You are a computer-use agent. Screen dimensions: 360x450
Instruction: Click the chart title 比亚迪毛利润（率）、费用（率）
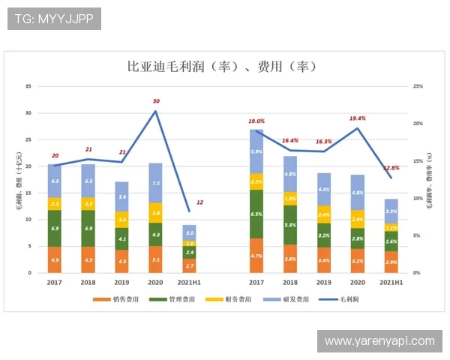[224, 67]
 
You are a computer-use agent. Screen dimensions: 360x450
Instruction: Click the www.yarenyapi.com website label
[379, 341]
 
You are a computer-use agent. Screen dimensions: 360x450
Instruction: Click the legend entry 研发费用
[295, 299]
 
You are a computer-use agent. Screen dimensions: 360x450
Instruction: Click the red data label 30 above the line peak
[156, 101]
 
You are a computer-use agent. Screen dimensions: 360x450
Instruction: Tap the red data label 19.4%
[358, 118]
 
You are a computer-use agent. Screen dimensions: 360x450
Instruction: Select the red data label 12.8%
[391, 168]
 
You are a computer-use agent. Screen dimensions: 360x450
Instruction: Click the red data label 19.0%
[256, 121]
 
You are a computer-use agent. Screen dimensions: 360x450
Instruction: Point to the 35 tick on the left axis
[28, 86]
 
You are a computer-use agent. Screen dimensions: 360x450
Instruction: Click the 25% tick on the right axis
[418, 86]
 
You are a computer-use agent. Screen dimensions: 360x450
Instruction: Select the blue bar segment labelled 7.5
[155, 183]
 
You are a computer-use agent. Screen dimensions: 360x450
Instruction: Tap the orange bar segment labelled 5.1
[155, 259]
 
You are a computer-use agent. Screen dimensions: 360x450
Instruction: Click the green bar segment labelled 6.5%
[256, 214]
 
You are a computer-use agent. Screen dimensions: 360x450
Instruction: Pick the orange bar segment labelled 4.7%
[256, 256]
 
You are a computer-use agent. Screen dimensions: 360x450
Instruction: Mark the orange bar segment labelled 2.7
[190, 266]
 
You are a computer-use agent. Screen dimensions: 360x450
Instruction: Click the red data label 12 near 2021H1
[199, 203]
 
